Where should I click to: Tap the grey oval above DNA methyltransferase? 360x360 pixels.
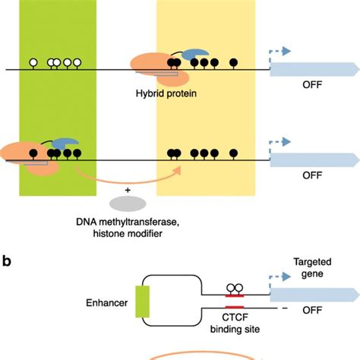click(126, 204)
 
